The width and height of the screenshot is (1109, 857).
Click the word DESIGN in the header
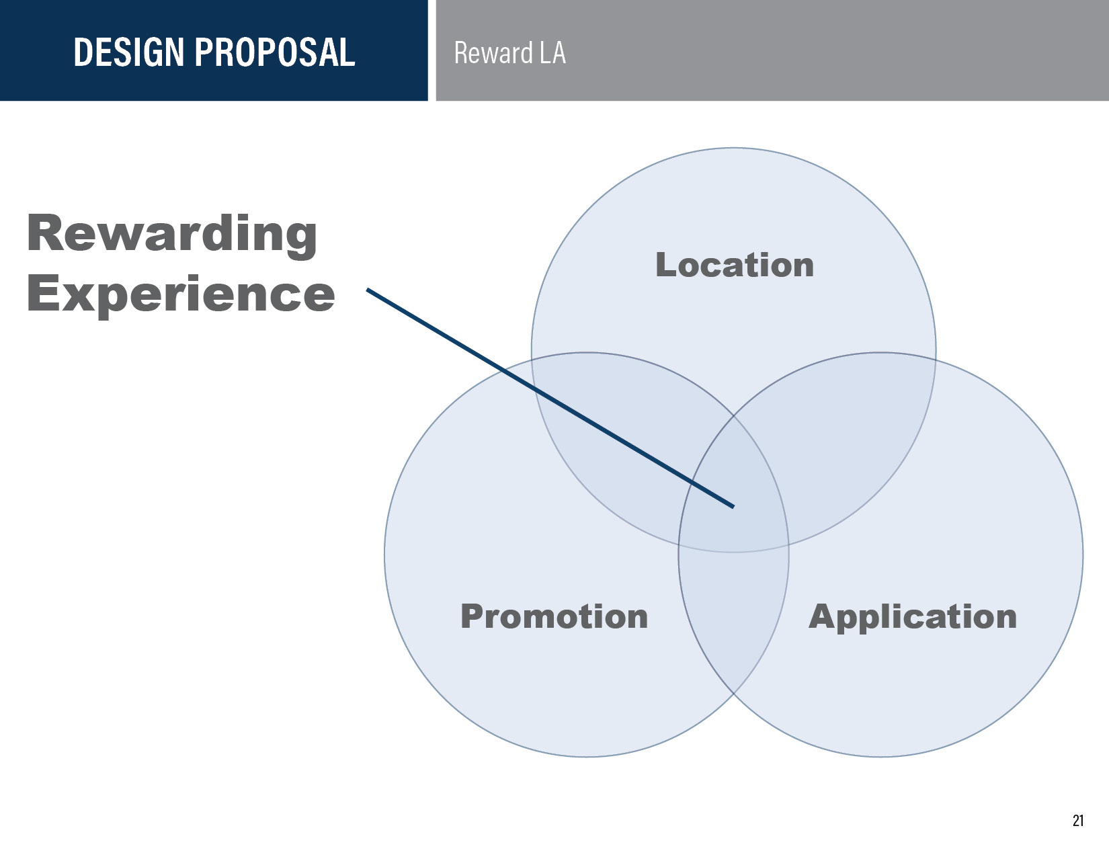128,52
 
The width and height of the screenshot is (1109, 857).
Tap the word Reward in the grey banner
493,53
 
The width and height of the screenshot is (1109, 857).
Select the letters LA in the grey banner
552,53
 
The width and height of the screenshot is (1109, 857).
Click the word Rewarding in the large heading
172,235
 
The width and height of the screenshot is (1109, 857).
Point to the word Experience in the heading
181,294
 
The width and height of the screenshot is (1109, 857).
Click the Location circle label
735,265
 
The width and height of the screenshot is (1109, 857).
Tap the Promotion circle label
554,616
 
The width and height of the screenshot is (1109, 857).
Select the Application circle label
912,616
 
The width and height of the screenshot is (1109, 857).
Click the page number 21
1078,821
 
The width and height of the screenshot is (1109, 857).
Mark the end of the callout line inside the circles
733,506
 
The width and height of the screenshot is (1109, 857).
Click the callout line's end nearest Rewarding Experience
368,290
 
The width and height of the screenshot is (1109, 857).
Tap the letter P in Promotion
473,616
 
